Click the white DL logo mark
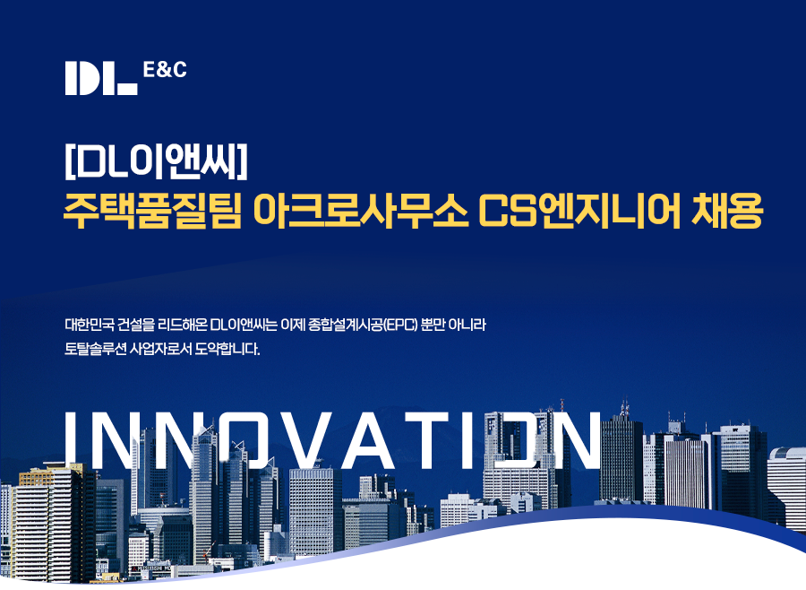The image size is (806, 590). coord(101,78)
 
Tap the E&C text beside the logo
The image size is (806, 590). coord(165,70)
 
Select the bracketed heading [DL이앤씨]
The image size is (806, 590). coord(156,161)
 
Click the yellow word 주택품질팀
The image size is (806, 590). coord(152,210)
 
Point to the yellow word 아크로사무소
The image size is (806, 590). coord(361,210)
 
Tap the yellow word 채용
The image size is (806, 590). coord(727,210)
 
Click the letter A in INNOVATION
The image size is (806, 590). coord(370,440)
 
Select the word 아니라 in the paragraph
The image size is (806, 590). coord(467,325)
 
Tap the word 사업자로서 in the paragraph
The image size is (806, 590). coord(160,349)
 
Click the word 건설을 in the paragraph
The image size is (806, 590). coord(135,325)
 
